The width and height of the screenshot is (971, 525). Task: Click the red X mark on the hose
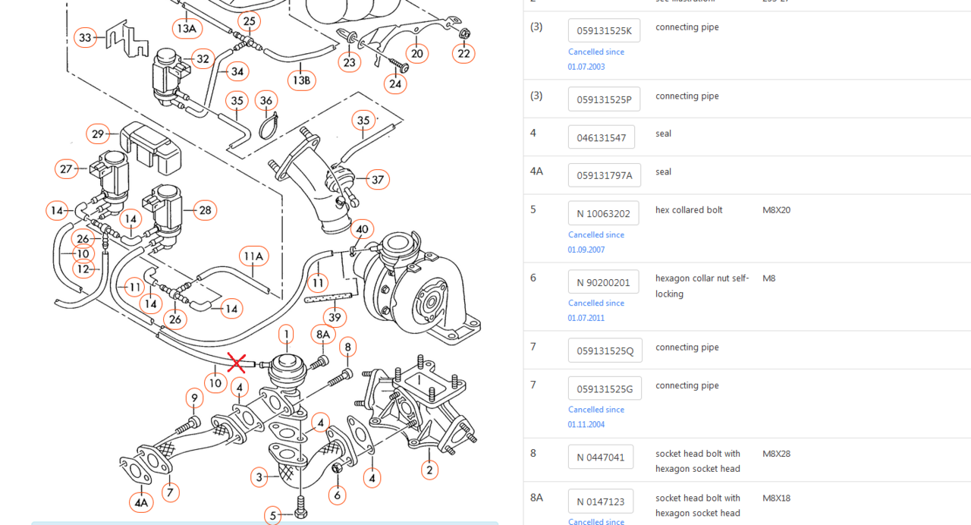click(x=237, y=363)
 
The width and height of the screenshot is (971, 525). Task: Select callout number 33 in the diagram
click(x=85, y=37)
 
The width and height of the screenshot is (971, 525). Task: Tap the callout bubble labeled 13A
click(x=187, y=29)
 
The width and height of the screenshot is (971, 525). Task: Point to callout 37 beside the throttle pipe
click(x=377, y=180)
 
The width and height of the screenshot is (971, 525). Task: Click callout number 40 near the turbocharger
click(x=362, y=229)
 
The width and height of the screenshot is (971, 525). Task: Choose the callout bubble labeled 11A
click(x=253, y=256)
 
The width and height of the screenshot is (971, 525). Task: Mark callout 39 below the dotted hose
click(x=335, y=317)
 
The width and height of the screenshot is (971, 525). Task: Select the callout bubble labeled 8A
click(x=323, y=335)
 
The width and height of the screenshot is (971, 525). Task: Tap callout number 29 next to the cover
click(x=98, y=134)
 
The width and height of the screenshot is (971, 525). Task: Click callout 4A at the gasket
click(x=141, y=501)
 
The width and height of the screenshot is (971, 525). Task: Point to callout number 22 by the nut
click(x=464, y=53)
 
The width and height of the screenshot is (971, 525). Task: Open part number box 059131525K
click(x=604, y=31)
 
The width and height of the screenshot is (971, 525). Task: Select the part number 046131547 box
click(x=601, y=137)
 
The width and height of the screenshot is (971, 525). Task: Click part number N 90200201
click(x=603, y=282)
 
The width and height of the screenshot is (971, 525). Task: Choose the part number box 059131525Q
click(x=605, y=351)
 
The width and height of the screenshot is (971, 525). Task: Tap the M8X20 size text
click(x=776, y=210)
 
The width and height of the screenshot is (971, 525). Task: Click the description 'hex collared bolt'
click(x=689, y=210)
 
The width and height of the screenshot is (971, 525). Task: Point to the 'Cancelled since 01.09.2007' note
click(x=596, y=242)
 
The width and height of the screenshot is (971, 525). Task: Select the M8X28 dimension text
click(x=776, y=454)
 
